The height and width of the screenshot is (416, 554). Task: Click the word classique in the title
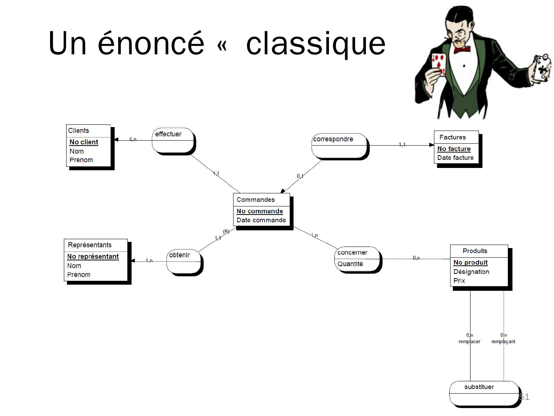point(315,43)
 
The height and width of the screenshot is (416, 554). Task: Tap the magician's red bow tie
point(462,50)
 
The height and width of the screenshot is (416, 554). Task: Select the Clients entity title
point(78,131)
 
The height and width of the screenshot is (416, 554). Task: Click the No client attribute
point(83,142)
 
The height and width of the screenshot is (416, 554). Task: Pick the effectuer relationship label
point(168,134)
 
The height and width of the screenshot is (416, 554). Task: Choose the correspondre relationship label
point(333,139)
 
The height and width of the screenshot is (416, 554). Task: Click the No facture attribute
point(454,149)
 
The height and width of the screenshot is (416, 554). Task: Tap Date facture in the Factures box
point(455,158)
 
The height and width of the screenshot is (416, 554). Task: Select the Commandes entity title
point(255,200)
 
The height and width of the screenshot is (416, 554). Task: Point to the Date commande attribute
point(261,220)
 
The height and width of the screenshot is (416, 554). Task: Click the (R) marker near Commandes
point(226,231)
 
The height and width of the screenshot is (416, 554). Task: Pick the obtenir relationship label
point(179,255)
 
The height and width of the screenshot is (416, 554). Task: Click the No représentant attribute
point(93,257)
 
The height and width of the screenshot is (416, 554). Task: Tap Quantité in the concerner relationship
point(350,264)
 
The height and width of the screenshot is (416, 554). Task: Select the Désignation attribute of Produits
point(471,272)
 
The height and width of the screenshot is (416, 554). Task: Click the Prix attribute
point(459,280)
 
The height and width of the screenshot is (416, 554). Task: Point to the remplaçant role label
point(503,341)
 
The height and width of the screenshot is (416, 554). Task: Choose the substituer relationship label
point(479,387)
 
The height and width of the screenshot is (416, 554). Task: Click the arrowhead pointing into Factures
point(431,145)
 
